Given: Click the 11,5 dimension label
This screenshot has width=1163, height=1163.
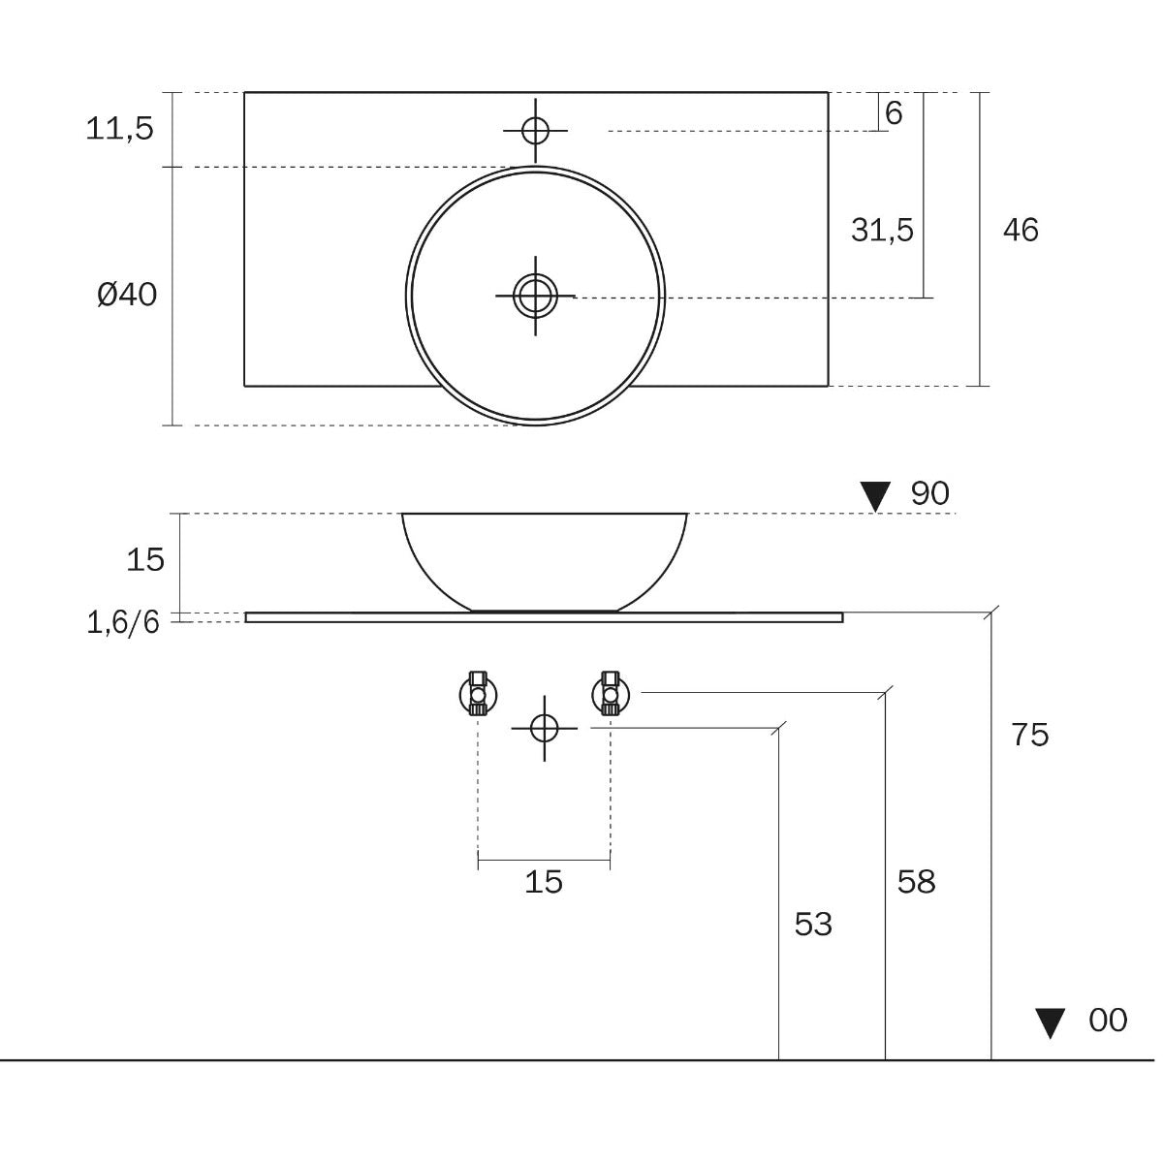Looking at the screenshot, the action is coord(119,129).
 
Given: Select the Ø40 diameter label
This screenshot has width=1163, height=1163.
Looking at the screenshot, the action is coord(127,296).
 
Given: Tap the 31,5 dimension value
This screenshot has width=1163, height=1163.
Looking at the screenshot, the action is coord(882,230).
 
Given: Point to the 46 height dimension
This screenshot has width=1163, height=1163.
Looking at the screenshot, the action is coord(1021,230).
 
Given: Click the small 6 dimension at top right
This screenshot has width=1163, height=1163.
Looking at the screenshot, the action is coord(894,112).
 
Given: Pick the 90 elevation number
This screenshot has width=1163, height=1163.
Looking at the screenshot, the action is coord(930,493).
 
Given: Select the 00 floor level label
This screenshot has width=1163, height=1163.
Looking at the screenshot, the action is coord(1108,1021).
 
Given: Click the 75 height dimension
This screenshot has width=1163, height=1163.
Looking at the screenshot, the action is coord(1030,735).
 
